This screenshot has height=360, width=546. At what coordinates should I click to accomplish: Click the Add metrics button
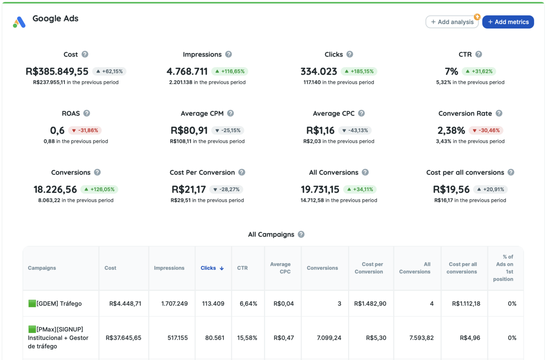(508, 22)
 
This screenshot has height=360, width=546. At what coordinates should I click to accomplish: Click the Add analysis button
(452, 22)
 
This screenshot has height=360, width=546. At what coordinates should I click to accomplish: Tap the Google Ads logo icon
(19, 22)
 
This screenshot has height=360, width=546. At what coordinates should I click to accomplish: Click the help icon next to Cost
(85, 54)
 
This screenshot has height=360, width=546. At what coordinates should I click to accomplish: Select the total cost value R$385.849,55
(57, 71)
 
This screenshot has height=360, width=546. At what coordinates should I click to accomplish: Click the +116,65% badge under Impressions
(230, 71)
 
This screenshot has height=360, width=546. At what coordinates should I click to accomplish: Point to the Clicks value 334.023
(318, 71)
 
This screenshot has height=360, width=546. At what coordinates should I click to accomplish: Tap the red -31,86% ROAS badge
(85, 130)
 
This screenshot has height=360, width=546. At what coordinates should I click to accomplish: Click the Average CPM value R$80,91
(189, 130)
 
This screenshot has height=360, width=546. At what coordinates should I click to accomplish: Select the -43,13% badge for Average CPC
(355, 130)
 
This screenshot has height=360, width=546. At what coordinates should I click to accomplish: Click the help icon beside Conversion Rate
(499, 113)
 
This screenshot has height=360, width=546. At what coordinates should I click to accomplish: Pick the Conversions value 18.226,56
(55, 189)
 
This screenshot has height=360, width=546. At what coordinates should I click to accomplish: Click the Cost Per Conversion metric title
(202, 172)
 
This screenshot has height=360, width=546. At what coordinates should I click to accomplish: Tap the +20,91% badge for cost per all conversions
(490, 189)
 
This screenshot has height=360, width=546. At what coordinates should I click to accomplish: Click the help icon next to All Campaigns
(301, 235)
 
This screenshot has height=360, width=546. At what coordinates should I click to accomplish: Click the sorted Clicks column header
(212, 268)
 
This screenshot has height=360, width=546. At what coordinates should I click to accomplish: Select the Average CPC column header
(280, 268)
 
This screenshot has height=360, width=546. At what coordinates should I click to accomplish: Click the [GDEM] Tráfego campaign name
(59, 303)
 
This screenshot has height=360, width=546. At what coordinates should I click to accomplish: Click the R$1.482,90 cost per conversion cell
(370, 303)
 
